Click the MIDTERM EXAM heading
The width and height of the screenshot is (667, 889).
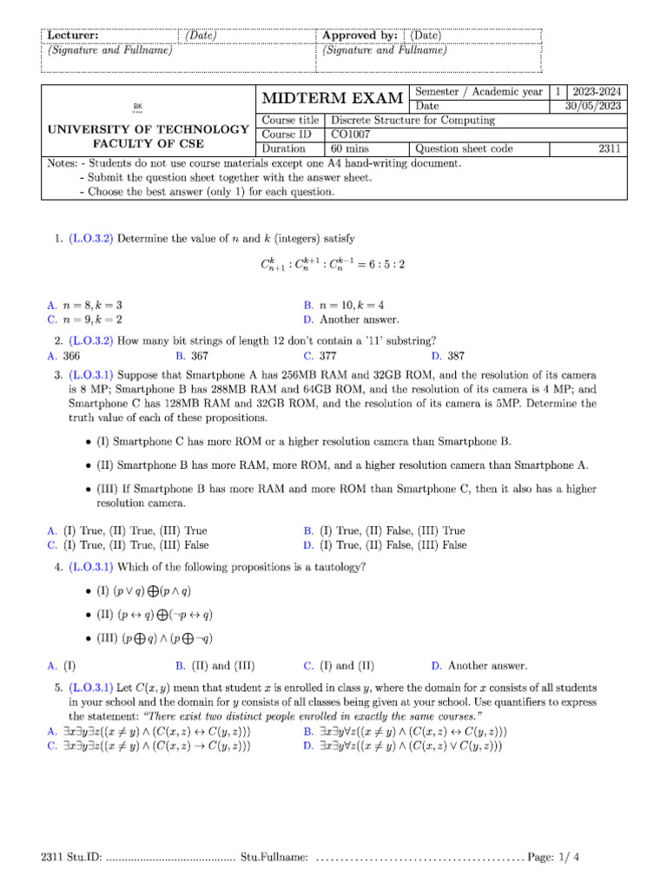tap(332, 98)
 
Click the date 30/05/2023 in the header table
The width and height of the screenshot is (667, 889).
tap(590, 106)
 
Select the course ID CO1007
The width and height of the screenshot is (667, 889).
tap(348, 135)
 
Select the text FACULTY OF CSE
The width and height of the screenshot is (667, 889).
tap(148, 143)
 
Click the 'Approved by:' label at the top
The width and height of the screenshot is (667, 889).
tap(360, 36)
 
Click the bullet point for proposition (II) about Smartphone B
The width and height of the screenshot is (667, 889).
tap(89, 465)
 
